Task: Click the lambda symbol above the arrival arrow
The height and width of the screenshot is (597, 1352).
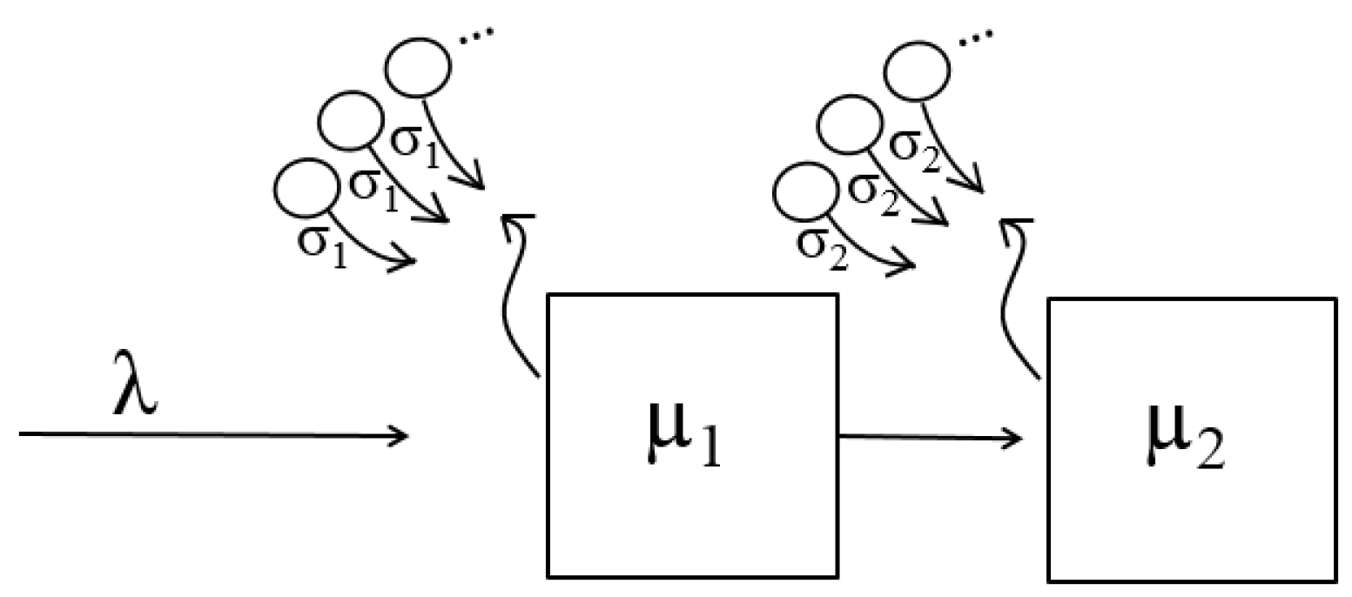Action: (136, 395)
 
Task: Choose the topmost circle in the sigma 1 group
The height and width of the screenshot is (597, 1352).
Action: (420, 67)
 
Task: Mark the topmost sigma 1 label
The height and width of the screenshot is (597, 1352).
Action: (418, 142)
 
